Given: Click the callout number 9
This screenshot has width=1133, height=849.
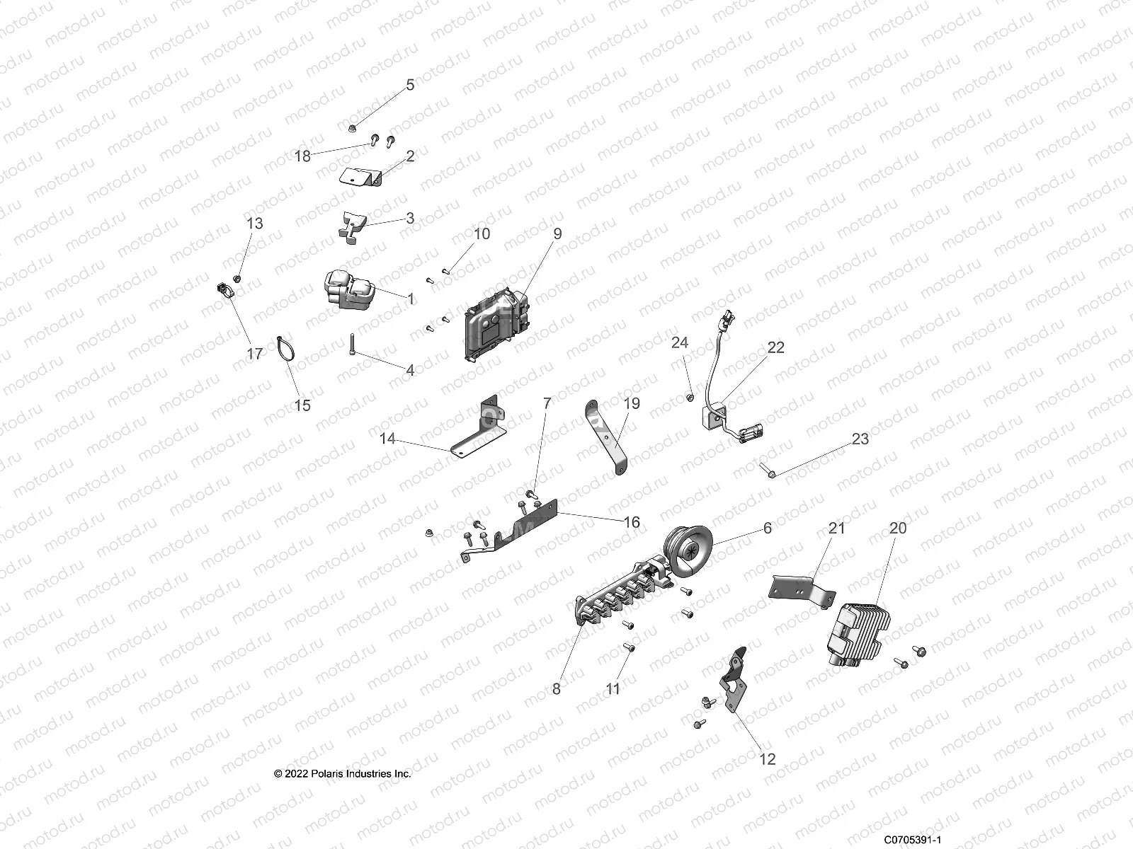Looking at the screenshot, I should pos(557,233).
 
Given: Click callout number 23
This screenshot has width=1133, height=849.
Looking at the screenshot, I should pos(860,439).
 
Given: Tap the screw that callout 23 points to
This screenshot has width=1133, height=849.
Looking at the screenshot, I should pos(768,470).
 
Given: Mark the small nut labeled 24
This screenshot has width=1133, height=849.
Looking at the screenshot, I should pos(690,398).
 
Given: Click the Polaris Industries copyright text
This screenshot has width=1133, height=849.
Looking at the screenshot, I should pos(343,774).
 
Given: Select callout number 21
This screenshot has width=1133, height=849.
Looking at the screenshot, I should pos(837,528).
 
